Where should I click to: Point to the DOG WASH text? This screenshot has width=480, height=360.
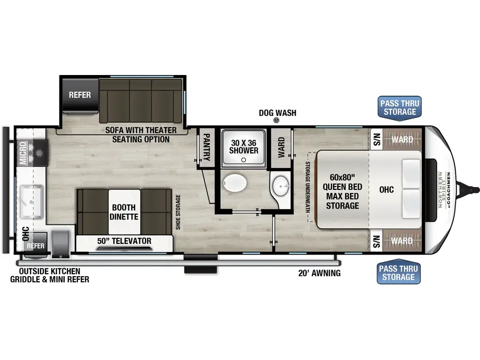pos(277,113)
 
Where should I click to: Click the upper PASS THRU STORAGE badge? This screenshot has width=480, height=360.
pos(400,107)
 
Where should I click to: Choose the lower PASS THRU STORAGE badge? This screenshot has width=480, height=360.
pos(400,273)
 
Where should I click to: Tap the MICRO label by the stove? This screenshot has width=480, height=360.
pos(23,153)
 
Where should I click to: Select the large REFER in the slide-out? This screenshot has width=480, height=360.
pos(80,95)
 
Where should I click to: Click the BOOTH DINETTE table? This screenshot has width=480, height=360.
pos(124,212)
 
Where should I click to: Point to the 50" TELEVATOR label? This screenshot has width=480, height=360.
pos(124,241)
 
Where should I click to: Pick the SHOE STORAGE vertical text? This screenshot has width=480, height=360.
pos(179,212)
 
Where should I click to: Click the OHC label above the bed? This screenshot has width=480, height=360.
pos(387,189)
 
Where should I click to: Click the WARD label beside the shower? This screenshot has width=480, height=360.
pos(281,147)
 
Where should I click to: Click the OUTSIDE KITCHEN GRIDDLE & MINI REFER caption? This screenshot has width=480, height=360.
pos(49,275)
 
